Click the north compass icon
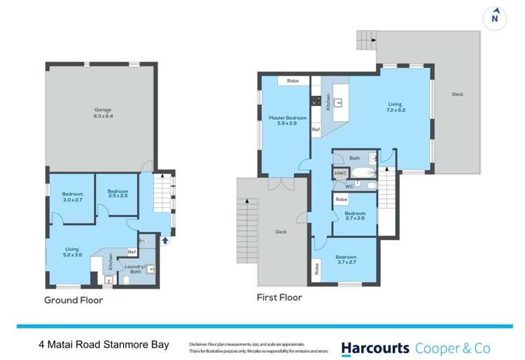[x=496, y=18]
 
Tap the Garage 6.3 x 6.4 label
[x=104, y=113]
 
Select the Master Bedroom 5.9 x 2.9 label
[x=283, y=120]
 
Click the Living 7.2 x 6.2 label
[x=396, y=107]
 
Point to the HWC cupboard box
[x=340, y=173]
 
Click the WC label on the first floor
[x=348, y=186]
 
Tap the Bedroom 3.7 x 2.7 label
[x=345, y=260]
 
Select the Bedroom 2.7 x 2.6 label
[x=355, y=216]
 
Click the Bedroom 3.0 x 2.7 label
[x=72, y=197]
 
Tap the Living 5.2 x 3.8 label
[x=72, y=251]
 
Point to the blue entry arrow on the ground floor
[x=166, y=240]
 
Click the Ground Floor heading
[x=73, y=300]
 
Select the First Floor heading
[x=279, y=298]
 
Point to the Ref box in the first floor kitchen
[x=316, y=130]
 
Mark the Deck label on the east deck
[x=457, y=94]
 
